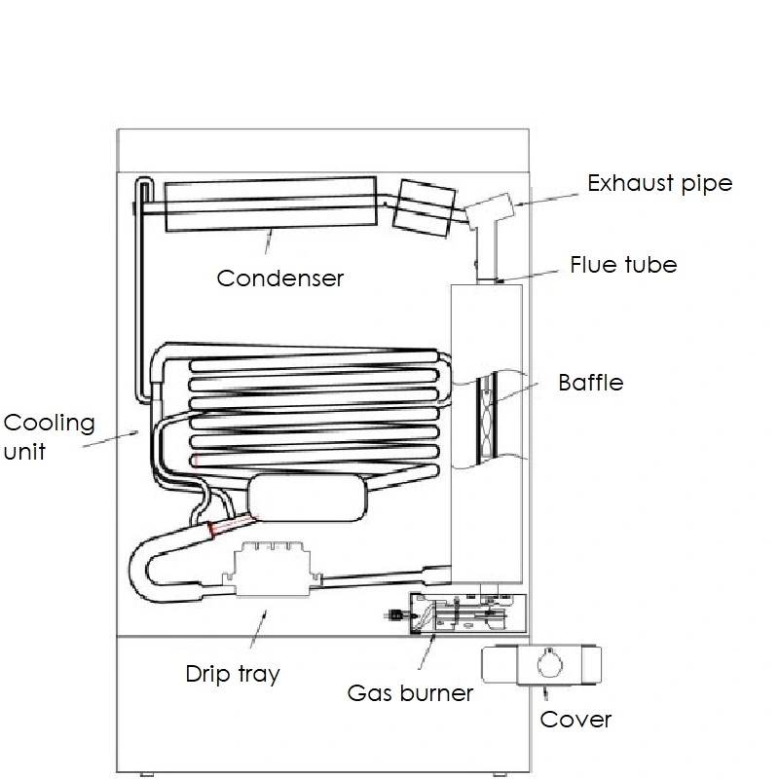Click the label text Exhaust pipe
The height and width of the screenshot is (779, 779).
click(659, 183)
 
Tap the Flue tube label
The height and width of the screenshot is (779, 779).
click(623, 264)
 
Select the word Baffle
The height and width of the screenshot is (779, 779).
click(590, 382)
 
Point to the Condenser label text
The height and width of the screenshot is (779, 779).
click(280, 278)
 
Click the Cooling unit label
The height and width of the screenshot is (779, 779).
click(49, 436)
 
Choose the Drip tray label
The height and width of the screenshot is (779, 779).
click(233, 674)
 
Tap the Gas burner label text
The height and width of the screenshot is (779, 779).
click(410, 693)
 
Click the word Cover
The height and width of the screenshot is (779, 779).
click(575, 720)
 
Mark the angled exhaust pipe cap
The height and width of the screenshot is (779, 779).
click(490, 207)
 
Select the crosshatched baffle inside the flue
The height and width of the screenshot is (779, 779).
click(487, 416)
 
